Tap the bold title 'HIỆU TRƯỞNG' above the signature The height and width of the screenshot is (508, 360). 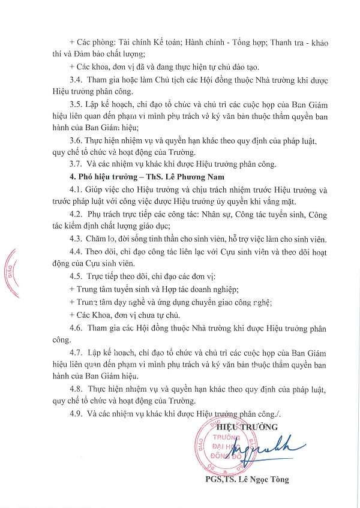coord(253,427)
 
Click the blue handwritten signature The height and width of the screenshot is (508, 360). coord(262,449)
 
